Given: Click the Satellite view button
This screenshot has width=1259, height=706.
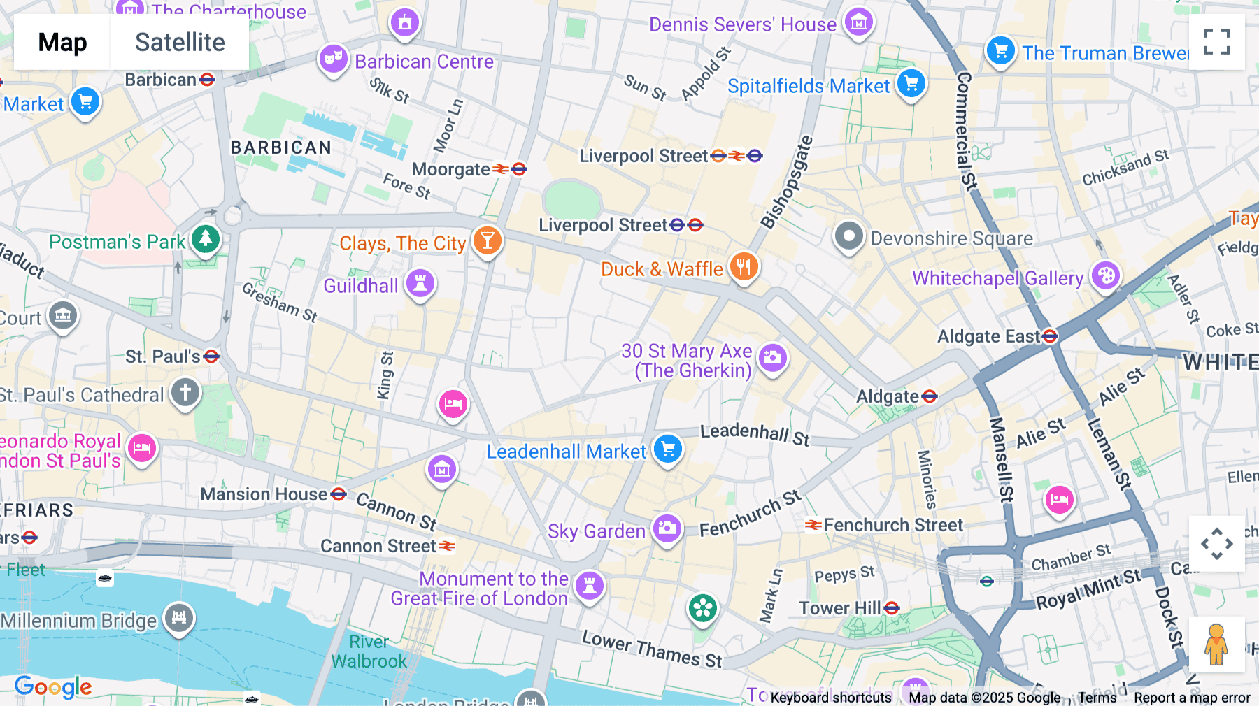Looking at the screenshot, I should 180,42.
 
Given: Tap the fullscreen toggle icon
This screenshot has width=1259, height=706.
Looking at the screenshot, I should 1216,42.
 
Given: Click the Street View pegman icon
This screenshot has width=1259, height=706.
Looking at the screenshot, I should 1216,643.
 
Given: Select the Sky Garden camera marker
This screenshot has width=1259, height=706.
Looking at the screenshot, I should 667,528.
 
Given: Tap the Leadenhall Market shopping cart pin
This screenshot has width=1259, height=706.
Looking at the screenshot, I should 668,449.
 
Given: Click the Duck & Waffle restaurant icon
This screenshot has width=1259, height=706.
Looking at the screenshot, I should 744,266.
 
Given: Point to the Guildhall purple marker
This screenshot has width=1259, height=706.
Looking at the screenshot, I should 420,283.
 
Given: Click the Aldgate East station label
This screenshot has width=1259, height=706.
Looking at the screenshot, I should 989,336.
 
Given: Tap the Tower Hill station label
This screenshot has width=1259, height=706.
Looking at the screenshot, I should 840,608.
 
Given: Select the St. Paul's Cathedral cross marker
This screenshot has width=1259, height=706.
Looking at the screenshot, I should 185,392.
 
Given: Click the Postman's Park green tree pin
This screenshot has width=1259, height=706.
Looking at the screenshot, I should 206,239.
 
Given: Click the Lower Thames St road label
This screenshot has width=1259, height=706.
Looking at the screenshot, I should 652,649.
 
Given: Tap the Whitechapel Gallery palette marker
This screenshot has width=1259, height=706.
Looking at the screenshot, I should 1105,275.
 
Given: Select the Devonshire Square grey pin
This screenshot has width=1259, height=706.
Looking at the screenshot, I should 848,236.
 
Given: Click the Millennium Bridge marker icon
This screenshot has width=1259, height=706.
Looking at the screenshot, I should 179,617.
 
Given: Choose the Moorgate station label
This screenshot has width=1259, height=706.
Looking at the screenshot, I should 451,169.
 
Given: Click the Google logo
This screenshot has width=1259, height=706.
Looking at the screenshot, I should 53,687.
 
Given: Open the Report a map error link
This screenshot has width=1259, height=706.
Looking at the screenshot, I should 1192,697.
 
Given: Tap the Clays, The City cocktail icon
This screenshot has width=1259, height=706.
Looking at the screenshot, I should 487,240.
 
